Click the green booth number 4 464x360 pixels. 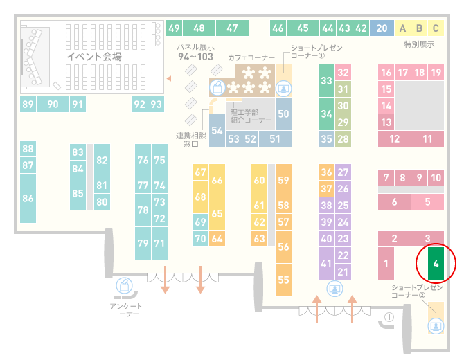pos(436,263)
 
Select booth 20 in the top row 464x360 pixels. pos(382,28)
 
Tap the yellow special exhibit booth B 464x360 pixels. pos(419,28)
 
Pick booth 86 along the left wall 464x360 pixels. pos(28,198)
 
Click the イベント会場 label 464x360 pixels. pos(94,56)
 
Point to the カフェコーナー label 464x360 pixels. pos(251,57)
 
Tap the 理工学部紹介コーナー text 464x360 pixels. pos(251,116)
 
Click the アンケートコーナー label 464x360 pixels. pos(126,309)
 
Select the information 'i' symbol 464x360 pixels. pos(389,317)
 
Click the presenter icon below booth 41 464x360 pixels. pos(334,289)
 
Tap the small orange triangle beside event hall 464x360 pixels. pos(169,78)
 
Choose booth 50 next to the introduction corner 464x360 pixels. pos(283,114)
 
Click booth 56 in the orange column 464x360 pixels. pos(283,246)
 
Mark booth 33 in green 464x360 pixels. pos(326,80)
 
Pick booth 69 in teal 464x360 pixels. pos(200,222)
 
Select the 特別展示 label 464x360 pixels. pos(419,44)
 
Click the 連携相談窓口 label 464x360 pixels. pos(191,140)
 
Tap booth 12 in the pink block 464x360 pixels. pos(394,138)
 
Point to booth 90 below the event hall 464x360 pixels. pos(53,104)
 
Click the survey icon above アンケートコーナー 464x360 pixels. pos(124,286)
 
